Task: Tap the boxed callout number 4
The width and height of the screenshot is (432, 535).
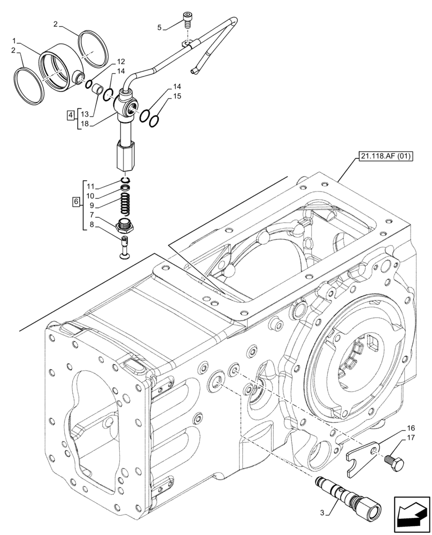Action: [x=71, y=114]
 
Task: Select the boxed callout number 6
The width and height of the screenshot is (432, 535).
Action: [x=75, y=202]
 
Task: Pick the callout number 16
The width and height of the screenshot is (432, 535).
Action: [x=411, y=428]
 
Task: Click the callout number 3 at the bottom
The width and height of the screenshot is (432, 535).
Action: [x=322, y=513]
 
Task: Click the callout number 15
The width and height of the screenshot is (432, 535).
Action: [x=177, y=96]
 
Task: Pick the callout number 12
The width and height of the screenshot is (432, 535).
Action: [x=121, y=62]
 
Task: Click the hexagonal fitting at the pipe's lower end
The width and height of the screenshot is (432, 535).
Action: [x=125, y=156]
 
